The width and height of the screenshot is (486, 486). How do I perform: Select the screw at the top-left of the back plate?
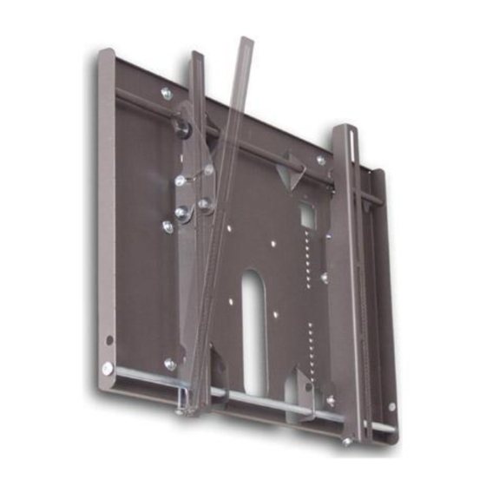[166, 93]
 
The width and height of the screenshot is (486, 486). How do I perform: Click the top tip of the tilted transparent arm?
[246, 41]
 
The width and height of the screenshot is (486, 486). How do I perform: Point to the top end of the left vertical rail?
[106, 54]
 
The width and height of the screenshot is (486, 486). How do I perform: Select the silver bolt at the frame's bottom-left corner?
[107, 368]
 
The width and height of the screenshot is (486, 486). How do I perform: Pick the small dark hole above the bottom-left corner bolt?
[108, 339]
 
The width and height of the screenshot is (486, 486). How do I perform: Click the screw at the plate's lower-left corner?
[169, 364]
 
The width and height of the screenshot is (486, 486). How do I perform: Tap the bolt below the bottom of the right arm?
[346, 441]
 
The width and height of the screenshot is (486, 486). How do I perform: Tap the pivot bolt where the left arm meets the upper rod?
[184, 128]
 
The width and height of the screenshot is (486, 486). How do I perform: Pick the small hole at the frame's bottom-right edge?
[391, 406]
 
